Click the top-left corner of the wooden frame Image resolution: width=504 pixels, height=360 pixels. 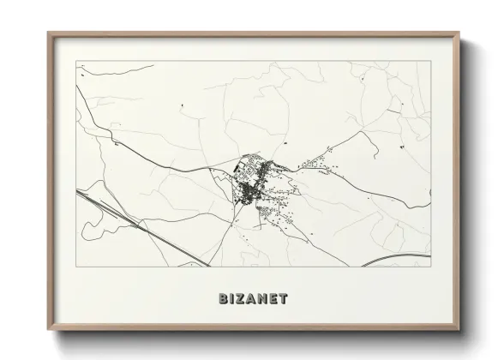pyautogui.click(x=48, y=33)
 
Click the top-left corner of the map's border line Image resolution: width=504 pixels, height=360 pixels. pyautogui.click(x=76, y=62)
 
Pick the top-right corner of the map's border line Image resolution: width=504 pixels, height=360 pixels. pyautogui.click(x=429, y=62)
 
